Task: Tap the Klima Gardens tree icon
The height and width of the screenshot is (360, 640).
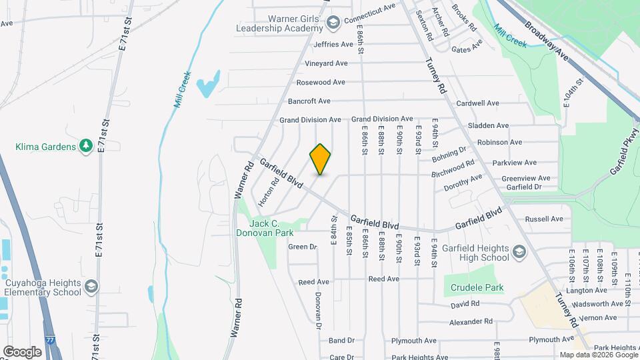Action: [x=85, y=146]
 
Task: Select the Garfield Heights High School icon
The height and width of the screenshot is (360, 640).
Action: [x=519, y=253]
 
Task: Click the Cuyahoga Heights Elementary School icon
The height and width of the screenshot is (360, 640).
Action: [x=91, y=287]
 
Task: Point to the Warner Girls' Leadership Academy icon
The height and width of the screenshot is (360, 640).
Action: [x=331, y=24]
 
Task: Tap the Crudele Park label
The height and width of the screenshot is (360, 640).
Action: [x=476, y=287]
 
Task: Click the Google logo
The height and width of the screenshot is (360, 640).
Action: [x=22, y=351]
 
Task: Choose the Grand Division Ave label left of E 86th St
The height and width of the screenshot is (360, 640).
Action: [x=310, y=119]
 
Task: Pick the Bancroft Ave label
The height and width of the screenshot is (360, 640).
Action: [x=309, y=101]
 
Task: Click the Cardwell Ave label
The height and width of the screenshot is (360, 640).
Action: [x=478, y=103]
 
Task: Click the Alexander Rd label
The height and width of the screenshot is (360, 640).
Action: [x=470, y=321]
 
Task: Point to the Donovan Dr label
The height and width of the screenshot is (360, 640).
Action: [x=318, y=311]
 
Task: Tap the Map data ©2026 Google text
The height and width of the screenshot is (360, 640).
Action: [x=599, y=355]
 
